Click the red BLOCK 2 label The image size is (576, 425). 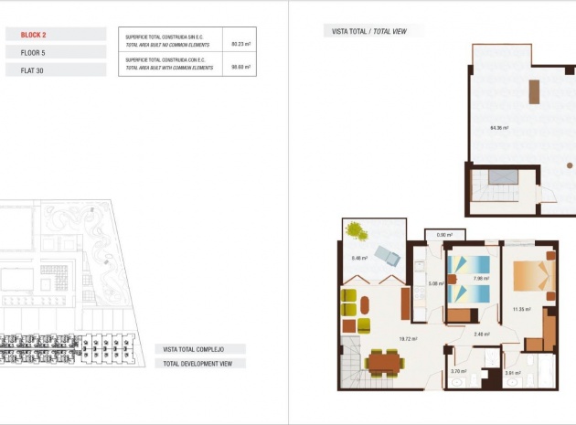(33, 35)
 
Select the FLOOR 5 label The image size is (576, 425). (33, 53)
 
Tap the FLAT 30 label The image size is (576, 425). (32, 70)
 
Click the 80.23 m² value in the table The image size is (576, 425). (240, 43)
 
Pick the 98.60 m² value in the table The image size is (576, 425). (240, 66)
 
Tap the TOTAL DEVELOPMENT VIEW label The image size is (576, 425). (198, 364)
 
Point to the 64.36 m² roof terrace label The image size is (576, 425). (499, 128)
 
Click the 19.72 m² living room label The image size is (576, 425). (408, 338)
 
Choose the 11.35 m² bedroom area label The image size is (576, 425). (522, 309)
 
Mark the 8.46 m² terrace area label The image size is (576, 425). (358, 258)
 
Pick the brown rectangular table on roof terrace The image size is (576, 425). (534, 91)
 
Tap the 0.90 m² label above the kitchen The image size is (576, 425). (444, 236)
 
